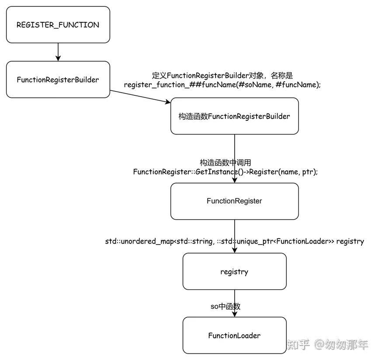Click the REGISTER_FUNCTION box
click(58, 25)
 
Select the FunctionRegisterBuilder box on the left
click(58, 80)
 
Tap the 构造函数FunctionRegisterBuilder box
click(234, 116)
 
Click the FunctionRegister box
click(234, 201)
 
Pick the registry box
click(234, 272)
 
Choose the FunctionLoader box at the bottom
click(234, 336)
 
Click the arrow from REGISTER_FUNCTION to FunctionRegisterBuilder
click(58, 52)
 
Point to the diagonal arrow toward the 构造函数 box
click(140, 97)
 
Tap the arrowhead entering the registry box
click(235, 250)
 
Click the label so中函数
click(225, 307)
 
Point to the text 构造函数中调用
click(225, 163)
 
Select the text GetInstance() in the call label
click(216, 172)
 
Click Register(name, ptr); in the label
click(284, 172)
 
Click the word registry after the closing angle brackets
click(350, 241)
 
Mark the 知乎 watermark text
click(298, 345)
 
